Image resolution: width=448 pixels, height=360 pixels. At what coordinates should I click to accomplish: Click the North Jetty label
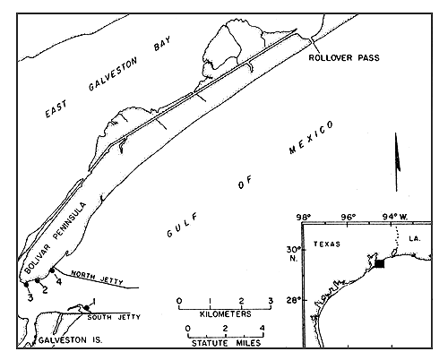pos(93,275)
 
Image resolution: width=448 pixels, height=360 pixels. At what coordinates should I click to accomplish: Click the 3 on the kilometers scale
pos(270,299)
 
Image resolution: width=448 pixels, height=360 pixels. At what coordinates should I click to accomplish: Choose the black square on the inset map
pos(379,262)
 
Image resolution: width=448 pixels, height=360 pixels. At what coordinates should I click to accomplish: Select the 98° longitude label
pos(306,218)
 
